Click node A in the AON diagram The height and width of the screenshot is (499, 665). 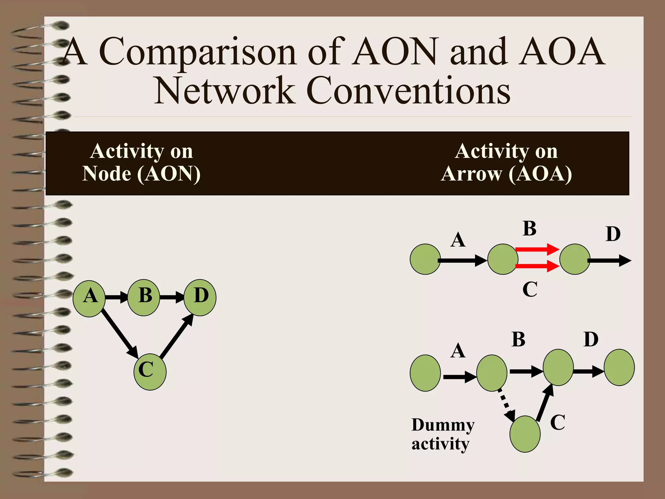coord(89,298)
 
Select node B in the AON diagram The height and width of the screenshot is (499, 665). coord(144,298)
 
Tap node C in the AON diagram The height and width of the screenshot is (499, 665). coord(150,372)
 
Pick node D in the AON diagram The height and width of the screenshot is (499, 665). coord(200,297)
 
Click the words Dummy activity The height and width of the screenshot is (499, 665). coord(443,434)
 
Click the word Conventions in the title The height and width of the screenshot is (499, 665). coord(408,91)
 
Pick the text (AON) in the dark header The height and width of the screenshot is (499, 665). coord(169,174)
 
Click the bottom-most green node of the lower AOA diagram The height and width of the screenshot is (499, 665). coord(525,434)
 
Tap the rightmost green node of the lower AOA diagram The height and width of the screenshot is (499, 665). coord(619,367)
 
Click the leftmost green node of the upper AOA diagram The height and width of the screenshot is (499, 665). coord(425,259)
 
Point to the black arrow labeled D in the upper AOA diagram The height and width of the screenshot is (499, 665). coord(609,260)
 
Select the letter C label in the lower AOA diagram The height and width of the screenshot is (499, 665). coord(558,422)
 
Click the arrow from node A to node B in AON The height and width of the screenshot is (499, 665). coord(117,297)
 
